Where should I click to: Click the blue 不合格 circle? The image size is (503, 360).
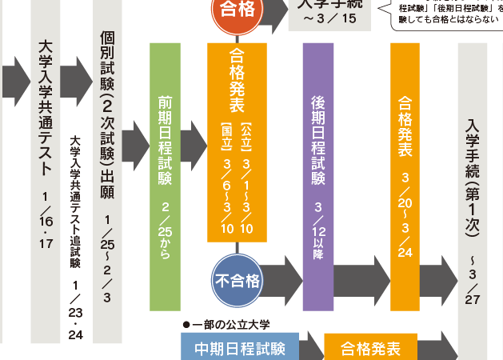237,281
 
